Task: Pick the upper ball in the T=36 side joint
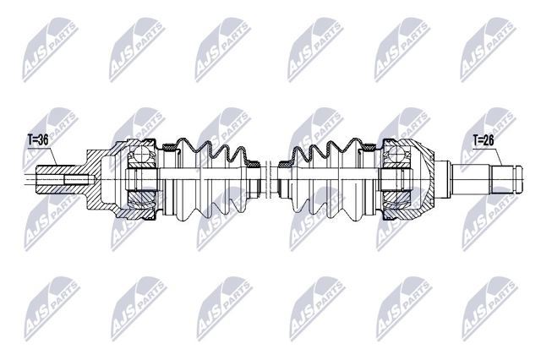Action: click(139, 155)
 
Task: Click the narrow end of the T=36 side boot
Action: click(251, 179)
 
